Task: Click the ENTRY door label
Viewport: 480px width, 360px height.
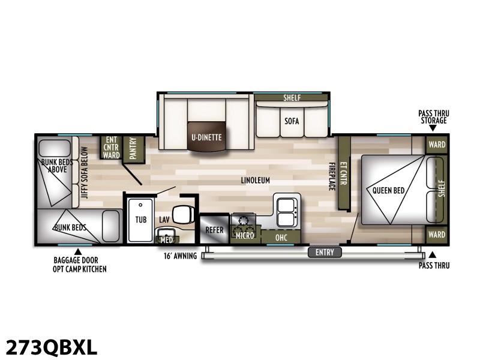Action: pyautogui.click(x=325, y=252)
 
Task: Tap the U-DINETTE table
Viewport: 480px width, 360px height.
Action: pyautogui.click(x=207, y=137)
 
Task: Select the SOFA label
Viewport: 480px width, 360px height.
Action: pyautogui.click(x=292, y=121)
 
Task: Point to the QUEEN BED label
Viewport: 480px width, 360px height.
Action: pyautogui.click(x=388, y=190)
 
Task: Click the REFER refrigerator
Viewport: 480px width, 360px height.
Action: pyautogui.click(x=214, y=229)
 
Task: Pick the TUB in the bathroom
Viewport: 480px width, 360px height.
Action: pyautogui.click(x=140, y=220)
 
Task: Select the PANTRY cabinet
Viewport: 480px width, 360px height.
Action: pyautogui.click(x=133, y=149)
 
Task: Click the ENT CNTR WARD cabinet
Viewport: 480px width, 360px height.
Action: pyautogui.click(x=111, y=148)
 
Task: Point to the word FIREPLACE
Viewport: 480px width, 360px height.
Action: pyautogui.click(x=332, y=176)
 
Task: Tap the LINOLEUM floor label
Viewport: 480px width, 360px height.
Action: pyautogui.click(x=256, y=181)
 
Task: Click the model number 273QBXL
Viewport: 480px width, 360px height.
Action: pyautogui.click(x=52, y=347)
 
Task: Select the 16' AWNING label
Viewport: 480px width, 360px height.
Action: pyautogui.click(x=180, y=256)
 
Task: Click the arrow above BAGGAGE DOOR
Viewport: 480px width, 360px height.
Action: pyautogui.click(x=79, y=251)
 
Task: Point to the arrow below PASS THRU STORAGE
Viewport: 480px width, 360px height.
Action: pyautogui.click(x=433, y=128)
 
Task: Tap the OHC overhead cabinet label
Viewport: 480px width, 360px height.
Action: pyautogui.click(x=281, y=238)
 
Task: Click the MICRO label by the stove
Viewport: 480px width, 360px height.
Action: pyautogui.click(x=245, y=235)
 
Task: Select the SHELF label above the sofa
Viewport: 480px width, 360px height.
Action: pyautogui.click(x=292, y=98)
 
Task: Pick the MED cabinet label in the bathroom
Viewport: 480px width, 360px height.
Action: pyautogui.click(x=167, y=239)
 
